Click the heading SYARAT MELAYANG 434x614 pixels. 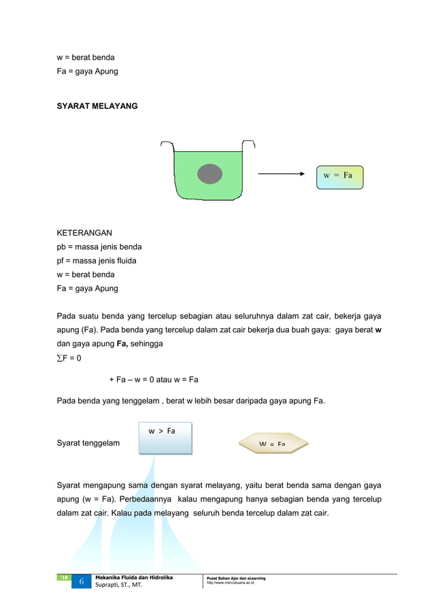(x=97, y=106)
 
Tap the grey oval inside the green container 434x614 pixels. (x=210, y=174)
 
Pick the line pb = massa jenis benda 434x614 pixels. (x=99, y=246)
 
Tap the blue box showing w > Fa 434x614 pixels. (x=165, y=438)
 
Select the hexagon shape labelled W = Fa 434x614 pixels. (x=273, y=444)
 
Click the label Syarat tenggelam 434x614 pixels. (x=88, y=443)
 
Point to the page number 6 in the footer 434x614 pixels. (x=80, y=582)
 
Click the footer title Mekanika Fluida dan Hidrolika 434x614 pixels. (x=134, y=577)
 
